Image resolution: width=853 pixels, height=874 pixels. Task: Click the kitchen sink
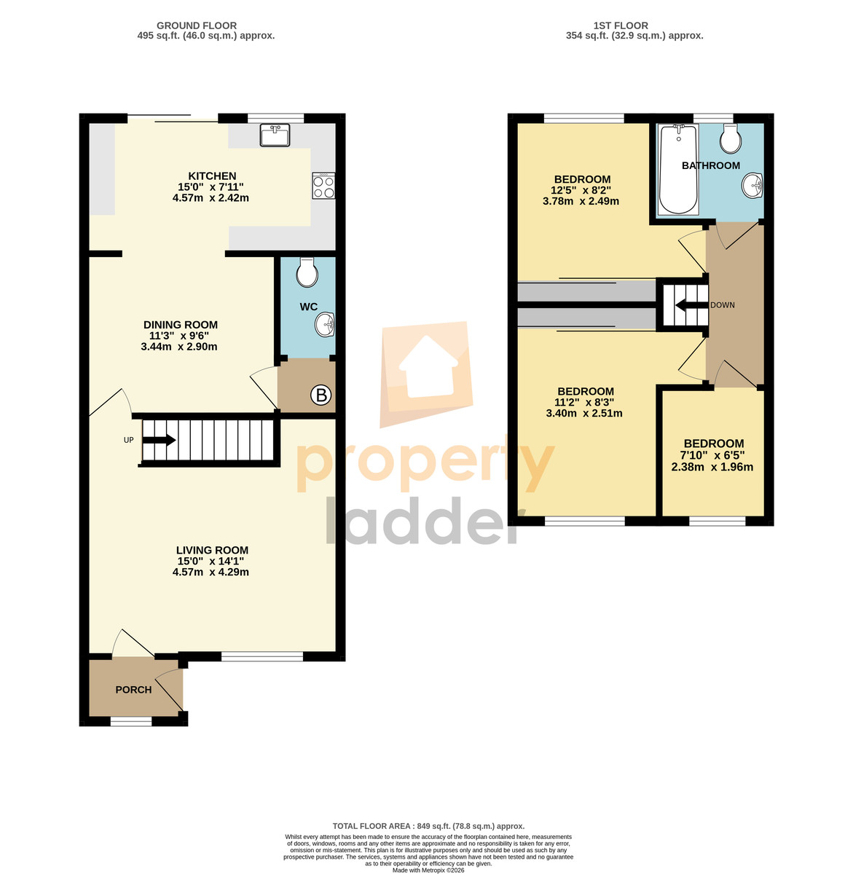click(275, 135)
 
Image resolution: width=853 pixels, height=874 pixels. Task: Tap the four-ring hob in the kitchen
click(323, 186)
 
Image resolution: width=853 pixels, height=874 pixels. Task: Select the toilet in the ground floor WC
click(307, 272)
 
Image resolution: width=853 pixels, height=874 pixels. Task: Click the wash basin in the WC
click(325, 324)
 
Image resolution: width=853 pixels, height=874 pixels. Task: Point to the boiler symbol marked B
click(321, 395)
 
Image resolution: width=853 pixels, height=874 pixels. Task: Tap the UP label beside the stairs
click(128, 440)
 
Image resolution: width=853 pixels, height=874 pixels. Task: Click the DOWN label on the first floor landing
click(723, 305)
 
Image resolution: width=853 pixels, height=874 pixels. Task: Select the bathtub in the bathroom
click(678, 169)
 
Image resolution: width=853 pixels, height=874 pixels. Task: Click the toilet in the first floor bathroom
click(731, 138)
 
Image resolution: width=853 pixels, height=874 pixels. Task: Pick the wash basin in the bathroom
click(752, 185)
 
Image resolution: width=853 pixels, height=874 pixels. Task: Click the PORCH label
click(133, 690)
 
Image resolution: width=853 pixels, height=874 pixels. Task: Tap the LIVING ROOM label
click(212, 550)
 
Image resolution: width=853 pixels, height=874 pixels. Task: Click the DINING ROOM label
click(181, 325)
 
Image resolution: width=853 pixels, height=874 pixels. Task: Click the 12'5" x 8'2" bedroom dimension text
click(581, 190)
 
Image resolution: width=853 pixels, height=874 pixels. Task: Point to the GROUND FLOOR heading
click(197, 25)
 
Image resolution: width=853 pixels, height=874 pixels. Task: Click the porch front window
click(131, 721)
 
